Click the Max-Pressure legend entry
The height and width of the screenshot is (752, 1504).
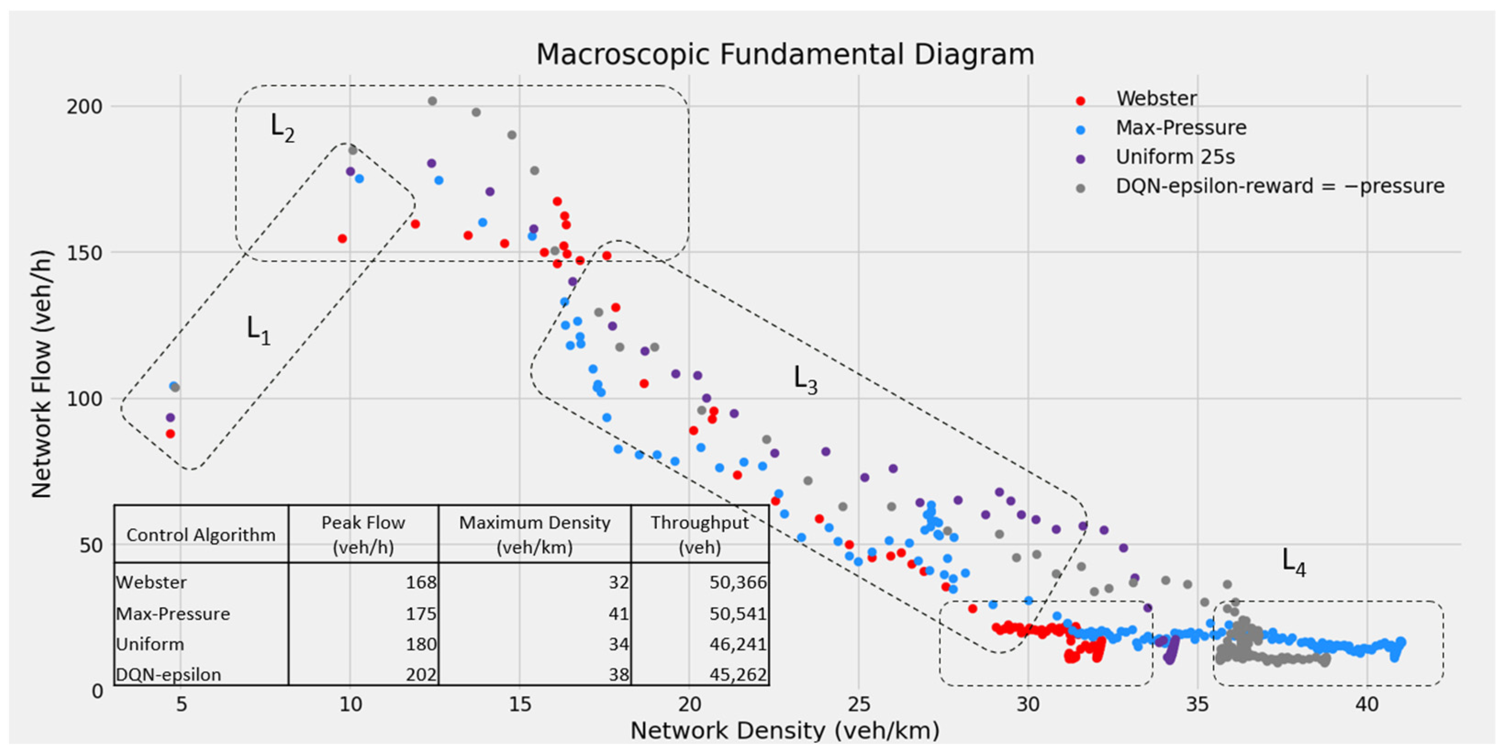[1180, 128]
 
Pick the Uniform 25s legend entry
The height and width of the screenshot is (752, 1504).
[1174, 157]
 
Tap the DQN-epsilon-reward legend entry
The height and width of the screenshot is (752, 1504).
[1279, 186]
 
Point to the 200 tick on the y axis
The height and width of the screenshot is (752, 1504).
[84, 107]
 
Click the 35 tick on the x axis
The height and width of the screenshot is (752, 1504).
[1197, 704]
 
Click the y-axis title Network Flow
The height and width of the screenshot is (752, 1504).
[42, 373]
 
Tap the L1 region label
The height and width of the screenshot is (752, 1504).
[258, 330]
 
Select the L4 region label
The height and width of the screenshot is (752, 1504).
[1293, 562]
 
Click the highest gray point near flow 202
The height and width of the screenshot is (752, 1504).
[432, 101]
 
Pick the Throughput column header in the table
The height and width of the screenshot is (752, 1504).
[699, 534]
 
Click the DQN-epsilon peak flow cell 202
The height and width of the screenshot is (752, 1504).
[421, 675]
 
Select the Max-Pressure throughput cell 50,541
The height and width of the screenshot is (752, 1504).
[737, 613]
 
